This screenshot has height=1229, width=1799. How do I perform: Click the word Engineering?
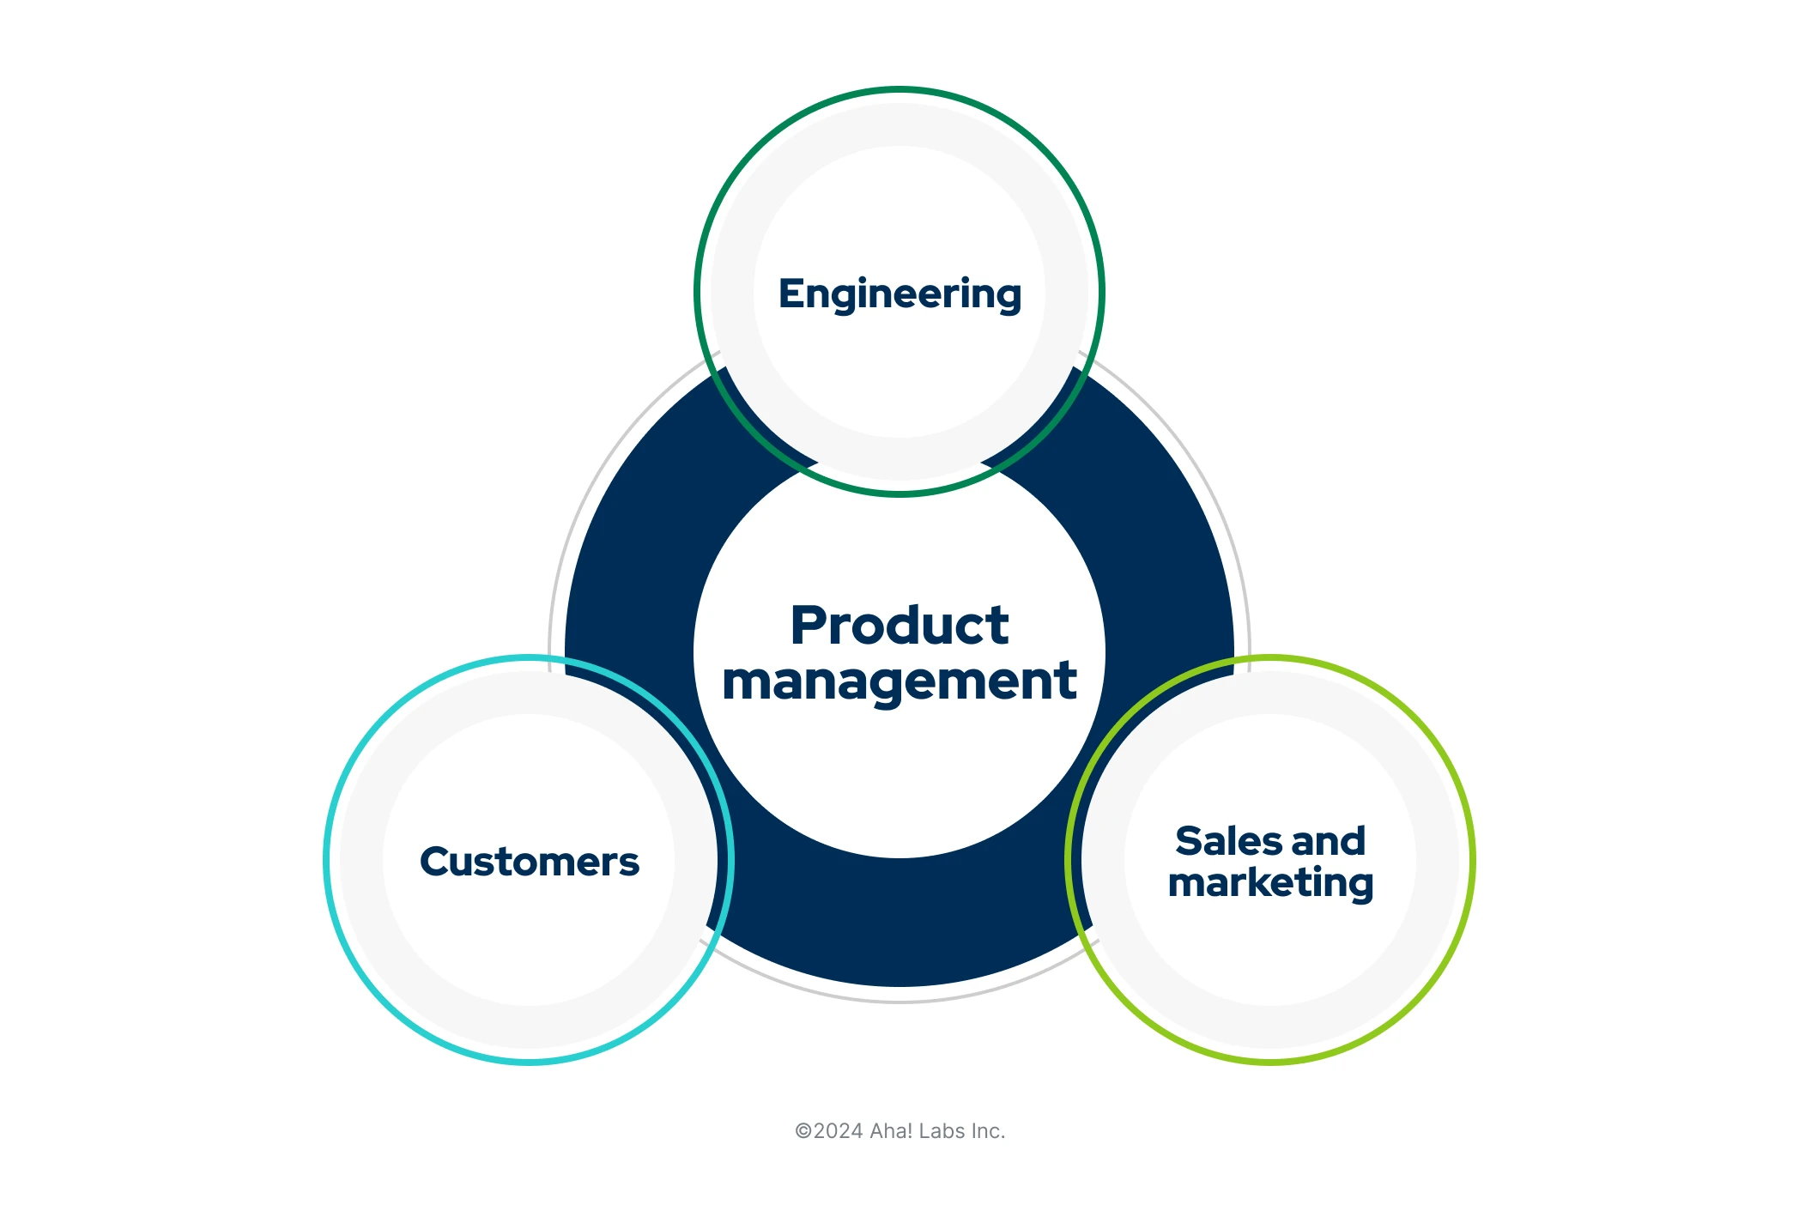pyautogui.click(x=899, y=294)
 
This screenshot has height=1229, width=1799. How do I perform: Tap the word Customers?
pyautogui.click(x=529, y=862)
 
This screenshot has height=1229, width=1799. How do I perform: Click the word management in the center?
pyautogui.click(x=899, y=681)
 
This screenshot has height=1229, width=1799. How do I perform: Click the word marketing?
pyautogui.click(x=1270, y=883)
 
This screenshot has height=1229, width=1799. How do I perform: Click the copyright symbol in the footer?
pyautogui.click(x=803, y=1131)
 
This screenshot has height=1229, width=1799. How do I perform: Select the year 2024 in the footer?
pyautogui.click(x=838, y=1131)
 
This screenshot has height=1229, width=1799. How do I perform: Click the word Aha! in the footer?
pyautogui.click(x=891, y=1131)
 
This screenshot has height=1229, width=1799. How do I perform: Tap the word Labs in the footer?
pyautogui.click(x=942, y=1131)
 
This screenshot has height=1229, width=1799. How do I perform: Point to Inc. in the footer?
pyautogui.click(x=988, y=1131)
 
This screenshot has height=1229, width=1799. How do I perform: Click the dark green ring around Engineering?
pyautogui.click(x=899, y=89)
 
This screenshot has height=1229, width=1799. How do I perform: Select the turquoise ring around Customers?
pyautogui.click(x=326, y=860)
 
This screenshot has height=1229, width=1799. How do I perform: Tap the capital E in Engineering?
pyautogui.click(x=789, y=294)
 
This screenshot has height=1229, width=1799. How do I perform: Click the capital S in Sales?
pyautogui.click(x=1189, y=841)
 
